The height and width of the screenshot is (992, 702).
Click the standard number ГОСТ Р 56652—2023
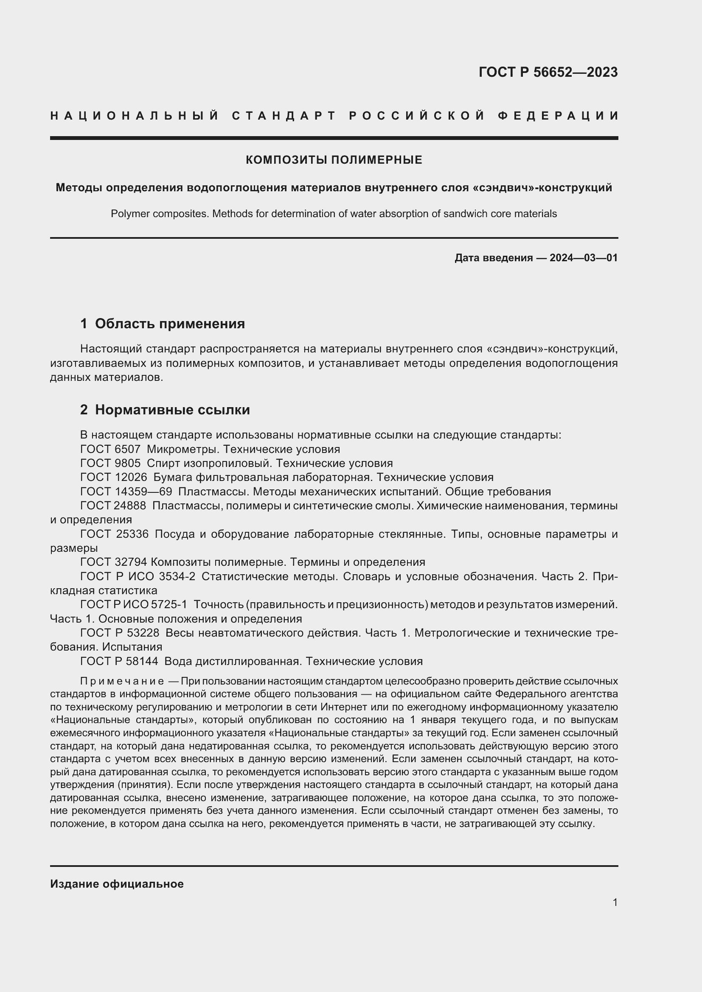[x=548, y=72]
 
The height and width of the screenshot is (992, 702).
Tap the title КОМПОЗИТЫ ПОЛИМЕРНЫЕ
[x=334, y=160]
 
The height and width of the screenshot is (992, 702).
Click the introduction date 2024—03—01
[x=583, y=258]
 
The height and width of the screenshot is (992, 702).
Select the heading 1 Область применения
[x=163, y=324]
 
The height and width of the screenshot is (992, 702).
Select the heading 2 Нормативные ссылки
[x=165, y=410]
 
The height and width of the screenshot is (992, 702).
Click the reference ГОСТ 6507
[x=110, y=449]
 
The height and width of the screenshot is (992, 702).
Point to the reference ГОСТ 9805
[x=110, y=463]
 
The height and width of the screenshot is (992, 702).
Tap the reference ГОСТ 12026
[x=114, y=478]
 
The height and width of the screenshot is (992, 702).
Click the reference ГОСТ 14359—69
[x=126, y=492]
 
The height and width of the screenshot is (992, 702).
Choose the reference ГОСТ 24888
[x=113, y=506]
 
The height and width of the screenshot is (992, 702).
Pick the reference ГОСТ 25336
[x=114, y=534]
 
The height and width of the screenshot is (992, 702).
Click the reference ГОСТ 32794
[x=114, y=562]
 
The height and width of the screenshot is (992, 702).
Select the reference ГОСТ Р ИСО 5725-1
[x=134, y=604]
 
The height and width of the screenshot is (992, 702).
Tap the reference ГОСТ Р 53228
[x=120, y=633]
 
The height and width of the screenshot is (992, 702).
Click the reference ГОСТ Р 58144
[x=119, y=661]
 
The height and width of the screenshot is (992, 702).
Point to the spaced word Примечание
[x=121, y=682]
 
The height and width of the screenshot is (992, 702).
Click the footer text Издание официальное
[x=117, y=884]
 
